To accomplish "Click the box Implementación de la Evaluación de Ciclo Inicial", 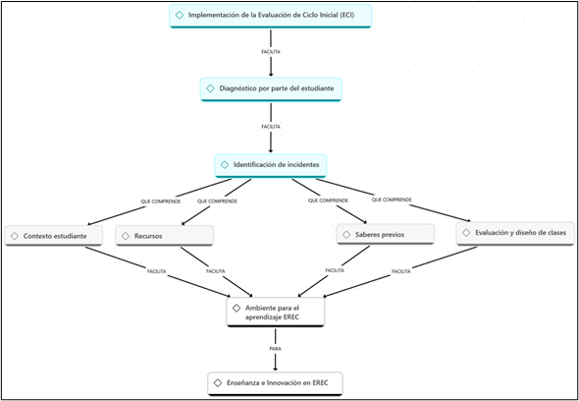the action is (270, 16).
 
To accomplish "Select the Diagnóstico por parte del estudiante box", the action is (271, 88).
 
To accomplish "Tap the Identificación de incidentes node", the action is (271, 165).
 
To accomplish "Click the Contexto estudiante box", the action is (54, 236).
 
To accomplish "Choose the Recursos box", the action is (164, 236).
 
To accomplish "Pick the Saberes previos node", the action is (385, 235).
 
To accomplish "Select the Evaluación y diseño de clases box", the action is (515, 233).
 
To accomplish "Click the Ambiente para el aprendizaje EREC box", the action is (276, 312).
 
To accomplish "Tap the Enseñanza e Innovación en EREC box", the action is (276, 383).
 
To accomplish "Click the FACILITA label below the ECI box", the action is (271, 52).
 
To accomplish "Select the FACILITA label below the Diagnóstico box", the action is (271, 127).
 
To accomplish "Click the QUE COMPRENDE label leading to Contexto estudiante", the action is (161, 201).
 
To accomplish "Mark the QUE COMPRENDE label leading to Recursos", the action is (217, 201).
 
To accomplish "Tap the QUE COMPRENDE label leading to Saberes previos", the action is (328, 200).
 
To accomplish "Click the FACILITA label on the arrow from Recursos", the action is (215, 271).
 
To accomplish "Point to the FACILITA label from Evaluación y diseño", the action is (401, 271).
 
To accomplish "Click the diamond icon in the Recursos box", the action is (126, 236).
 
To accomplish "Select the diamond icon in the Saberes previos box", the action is (346, 235).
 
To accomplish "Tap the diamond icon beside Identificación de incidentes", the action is (225, 165).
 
